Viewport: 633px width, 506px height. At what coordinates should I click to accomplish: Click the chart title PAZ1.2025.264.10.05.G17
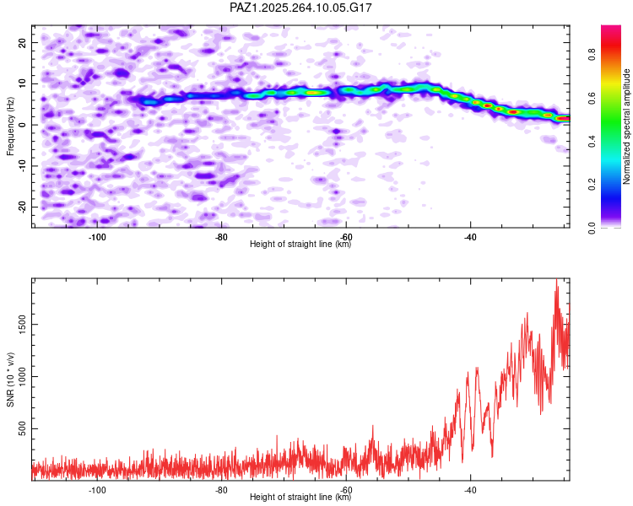(301, 8)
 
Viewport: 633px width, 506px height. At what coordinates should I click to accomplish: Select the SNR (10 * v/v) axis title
(10, 379)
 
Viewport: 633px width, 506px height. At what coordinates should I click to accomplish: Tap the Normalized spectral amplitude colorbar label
(627, 126)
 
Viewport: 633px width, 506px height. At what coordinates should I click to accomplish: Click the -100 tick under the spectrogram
(96, 236)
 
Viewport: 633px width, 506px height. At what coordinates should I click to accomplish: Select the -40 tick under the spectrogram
(470, 236)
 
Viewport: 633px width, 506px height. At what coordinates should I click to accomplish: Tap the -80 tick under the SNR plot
(221, 490)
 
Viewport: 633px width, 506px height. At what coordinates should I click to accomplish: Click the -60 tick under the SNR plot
(346, 490)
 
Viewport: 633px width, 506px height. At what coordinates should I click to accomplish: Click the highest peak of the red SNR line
(556, 283)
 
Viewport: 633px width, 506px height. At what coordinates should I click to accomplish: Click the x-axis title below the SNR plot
(301, 498)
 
